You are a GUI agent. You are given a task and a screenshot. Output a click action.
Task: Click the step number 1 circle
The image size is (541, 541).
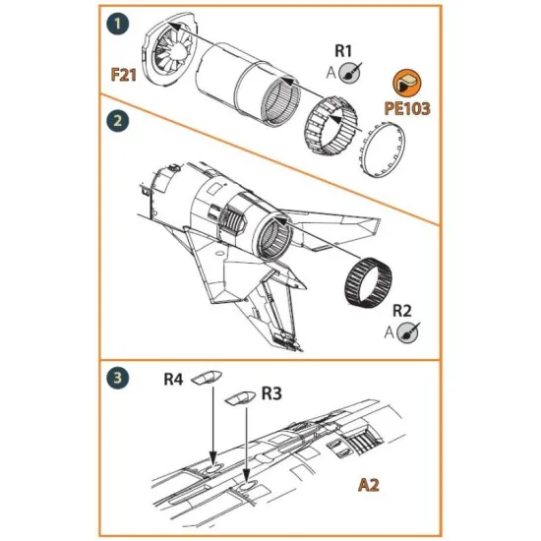(118, 21)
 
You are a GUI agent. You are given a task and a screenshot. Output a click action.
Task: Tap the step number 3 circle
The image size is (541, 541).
(117, 377)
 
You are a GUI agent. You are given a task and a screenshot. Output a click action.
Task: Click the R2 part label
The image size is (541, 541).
(403, 310)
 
